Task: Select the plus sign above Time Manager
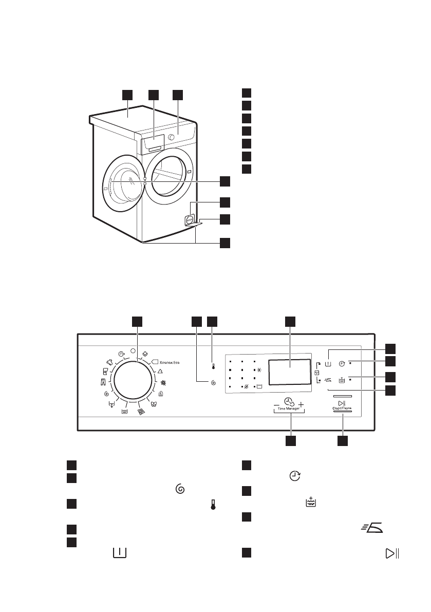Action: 301,404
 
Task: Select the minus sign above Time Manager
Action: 276,405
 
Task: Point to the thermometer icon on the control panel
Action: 213,367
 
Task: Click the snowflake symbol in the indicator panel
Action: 258,369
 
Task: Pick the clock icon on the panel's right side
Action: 341,363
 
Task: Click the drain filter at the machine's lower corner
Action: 189,219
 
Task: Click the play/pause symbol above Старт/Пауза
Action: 342,403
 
